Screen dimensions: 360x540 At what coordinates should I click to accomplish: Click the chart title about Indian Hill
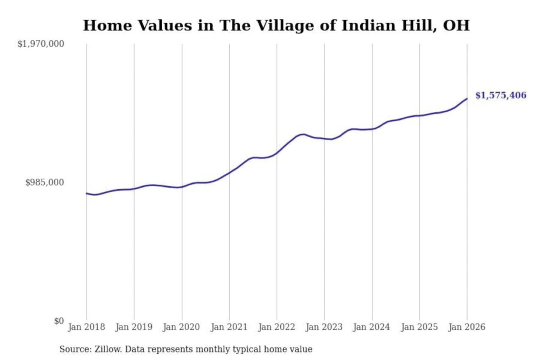click(x=276, y=25)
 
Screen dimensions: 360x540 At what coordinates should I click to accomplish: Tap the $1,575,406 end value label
click(x=501, y=95)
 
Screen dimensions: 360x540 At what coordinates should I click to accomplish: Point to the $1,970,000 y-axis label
click(x=41, y=44)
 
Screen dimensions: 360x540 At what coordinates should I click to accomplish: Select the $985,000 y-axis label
click(x=45, y=182)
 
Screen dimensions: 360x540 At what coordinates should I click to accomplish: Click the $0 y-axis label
click(x=59, y=321)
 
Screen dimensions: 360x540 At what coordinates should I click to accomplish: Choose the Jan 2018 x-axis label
click(x=86, y=327)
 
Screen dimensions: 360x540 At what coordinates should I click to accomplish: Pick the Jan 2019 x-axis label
click(x=134, y=327)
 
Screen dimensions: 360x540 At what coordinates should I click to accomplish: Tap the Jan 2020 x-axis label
click(x=181, y=327)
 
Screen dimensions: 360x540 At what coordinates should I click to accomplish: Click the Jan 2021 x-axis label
click(x=229, y=327)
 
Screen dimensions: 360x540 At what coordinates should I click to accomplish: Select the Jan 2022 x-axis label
click(x=277, y=327)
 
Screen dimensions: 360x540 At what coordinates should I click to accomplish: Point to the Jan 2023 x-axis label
click(x=324, y=327)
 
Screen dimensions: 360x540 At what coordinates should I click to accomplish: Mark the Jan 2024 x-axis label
click(x=372, y=327)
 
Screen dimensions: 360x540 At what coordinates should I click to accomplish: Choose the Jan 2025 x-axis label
click(x=419, y=327)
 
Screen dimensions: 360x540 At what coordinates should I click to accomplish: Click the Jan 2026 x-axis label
click(x=467, y=327)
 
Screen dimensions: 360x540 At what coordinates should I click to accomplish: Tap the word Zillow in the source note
click(x=108, y=349)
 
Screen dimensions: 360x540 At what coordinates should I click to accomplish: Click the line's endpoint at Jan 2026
click(x=467, y=99)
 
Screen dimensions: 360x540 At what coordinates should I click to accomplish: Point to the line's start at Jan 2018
click(x=87, y=193)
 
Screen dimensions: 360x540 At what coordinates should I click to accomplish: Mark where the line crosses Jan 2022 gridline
click(x=277, y=153)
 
